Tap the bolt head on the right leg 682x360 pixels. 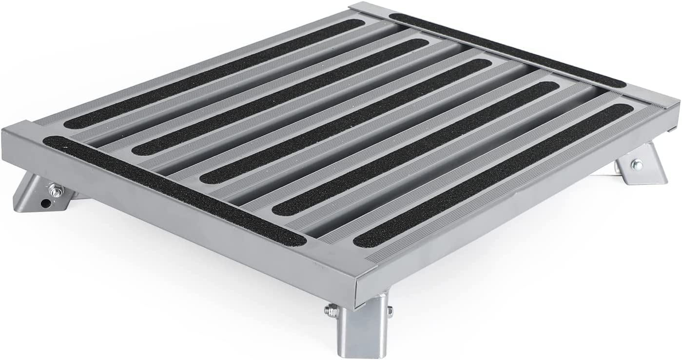click(x=636, y=165)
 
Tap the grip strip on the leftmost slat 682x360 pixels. click(x=210, y=73)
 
